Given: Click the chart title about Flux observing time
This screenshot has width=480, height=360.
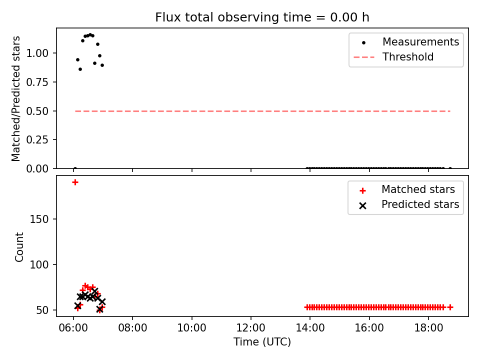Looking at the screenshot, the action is coord(262,17).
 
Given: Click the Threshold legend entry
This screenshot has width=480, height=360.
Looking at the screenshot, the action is coord(393,57).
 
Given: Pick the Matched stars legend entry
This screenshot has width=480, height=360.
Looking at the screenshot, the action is coord(407,189).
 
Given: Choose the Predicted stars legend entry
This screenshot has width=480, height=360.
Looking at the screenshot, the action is coord(409,204).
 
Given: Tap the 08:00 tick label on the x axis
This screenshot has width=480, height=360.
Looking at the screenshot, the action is coord(132,328).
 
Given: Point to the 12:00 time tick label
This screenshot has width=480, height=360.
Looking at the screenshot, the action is coord(251,328).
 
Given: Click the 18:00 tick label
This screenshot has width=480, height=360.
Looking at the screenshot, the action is coord(428,328).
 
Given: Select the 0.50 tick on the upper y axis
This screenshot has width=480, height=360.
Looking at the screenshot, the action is coord(37,111).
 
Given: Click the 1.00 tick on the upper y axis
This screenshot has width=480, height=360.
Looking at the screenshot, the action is coord(37,53).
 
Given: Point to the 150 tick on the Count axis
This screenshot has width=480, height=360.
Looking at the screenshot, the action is coord(39,219).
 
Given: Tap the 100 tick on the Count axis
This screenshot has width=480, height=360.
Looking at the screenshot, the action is coord(39,264).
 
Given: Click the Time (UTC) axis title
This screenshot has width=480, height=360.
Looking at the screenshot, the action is coord(262,342).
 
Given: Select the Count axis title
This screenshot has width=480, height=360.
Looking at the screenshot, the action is coord(19,247).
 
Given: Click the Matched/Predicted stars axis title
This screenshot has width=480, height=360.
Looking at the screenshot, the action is coord(16,98).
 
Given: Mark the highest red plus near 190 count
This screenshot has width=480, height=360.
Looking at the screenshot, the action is coord(75,182).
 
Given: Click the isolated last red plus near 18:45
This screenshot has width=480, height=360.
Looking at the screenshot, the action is coord(450,307).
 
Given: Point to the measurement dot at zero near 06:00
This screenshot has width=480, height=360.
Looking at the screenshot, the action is coord(75,168).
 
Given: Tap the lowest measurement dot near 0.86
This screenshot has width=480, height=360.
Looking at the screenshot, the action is coord(80,69).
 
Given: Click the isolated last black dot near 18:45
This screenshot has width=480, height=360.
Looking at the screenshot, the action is coord(450,168).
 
